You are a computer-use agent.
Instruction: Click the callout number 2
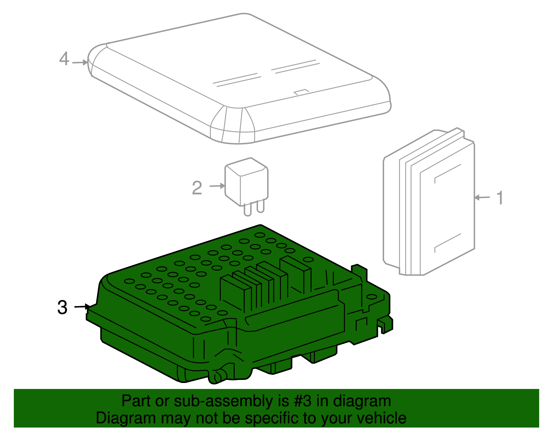[x=197, y=188]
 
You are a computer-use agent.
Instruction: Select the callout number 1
[x=500, y=198]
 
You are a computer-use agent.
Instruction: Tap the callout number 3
[x=62, y=307]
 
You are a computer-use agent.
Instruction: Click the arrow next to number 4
[x=79, y=62]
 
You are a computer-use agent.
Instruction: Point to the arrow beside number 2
[x=217, y=186]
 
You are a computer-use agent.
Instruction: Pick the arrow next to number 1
[x=482, y=198]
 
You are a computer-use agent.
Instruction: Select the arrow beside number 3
[x=82, y=306]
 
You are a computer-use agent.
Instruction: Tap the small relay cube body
[x=246, y=181]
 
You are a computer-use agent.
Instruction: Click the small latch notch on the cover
[x=301, y=92]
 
